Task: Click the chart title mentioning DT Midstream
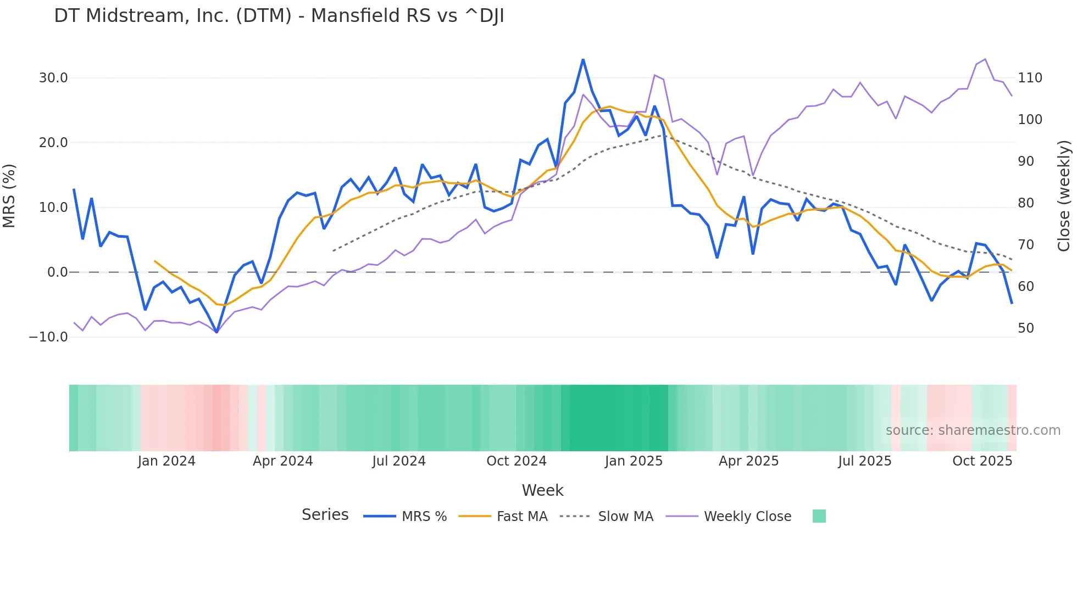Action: click(279, 16)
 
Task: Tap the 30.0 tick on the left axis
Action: click(53, 78)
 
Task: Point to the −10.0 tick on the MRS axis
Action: click(48, 337)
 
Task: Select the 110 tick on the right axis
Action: click(1030, 78)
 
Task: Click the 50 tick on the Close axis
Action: click(1026, 328)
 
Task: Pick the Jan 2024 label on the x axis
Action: click(166, 461)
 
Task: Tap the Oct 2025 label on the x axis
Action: click(982, 461)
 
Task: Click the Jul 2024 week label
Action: click(399, 461)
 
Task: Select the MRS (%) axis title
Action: click(9, 196)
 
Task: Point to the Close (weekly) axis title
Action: click(1064, 196)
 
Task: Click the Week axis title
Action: click(542, 490)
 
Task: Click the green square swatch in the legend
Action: click(819, 516)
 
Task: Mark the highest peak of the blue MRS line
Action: click(583, 60)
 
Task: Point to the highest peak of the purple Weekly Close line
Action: click(985, 59)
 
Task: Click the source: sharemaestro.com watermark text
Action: click(973, 430)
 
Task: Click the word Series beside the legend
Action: click(325, 515)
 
